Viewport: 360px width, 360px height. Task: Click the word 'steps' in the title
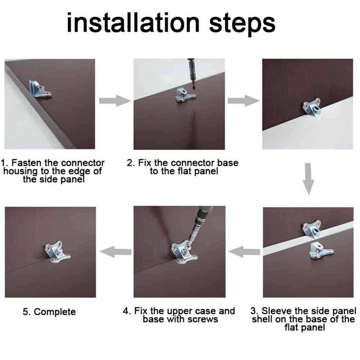(x=242, y=24)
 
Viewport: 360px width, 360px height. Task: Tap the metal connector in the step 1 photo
(x=40, y=90)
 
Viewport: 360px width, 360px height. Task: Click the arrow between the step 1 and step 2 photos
(x=115, y=100)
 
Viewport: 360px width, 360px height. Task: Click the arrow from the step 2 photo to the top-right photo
(x=244, y=100)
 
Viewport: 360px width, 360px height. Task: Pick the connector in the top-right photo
(x=311, y=107)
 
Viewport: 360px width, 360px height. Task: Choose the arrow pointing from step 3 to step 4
(x=244, y=252)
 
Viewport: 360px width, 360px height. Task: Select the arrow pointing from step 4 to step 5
(x=116, y=252)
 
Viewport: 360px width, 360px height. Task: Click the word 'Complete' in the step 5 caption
(x=55, y=312)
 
